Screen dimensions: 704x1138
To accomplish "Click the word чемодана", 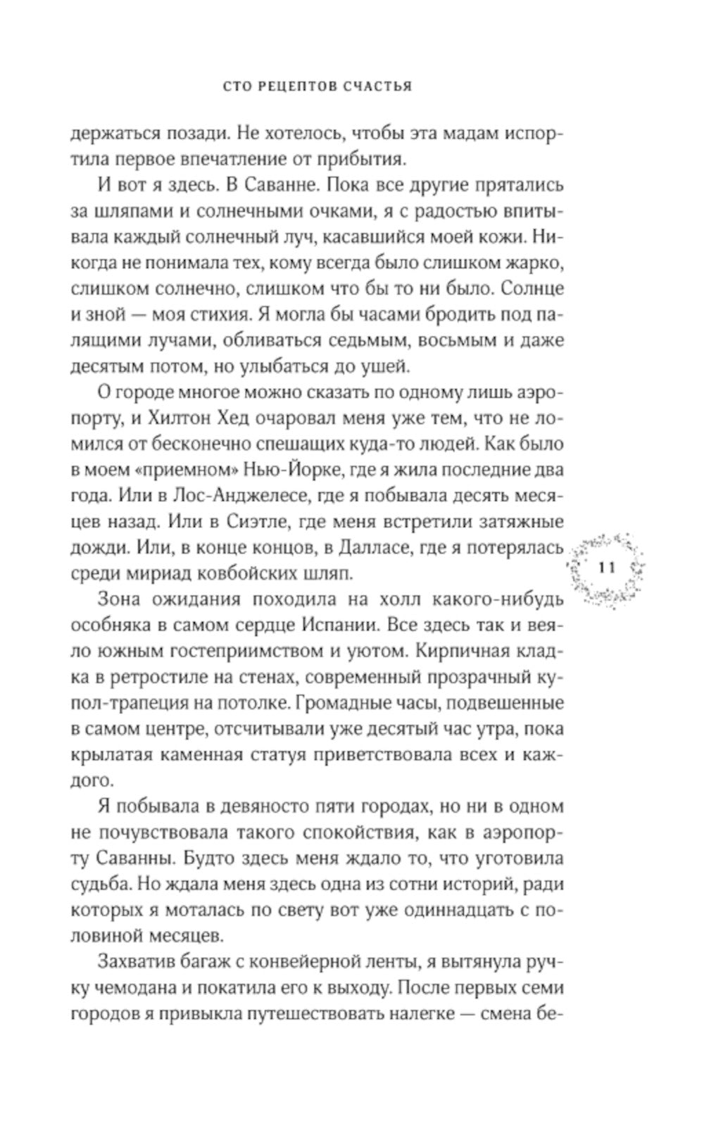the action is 127,987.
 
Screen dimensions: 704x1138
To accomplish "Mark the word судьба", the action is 99,884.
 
